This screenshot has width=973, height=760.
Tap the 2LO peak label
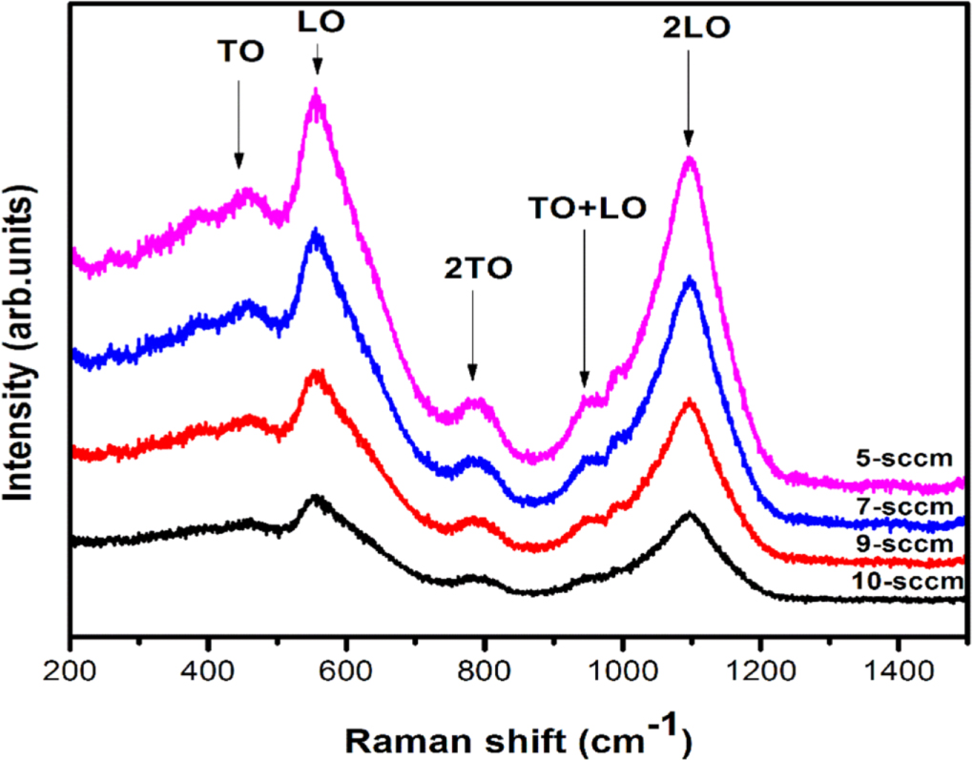[x=695, y=29]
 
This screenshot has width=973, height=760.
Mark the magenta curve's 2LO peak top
[x=690, y=159]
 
